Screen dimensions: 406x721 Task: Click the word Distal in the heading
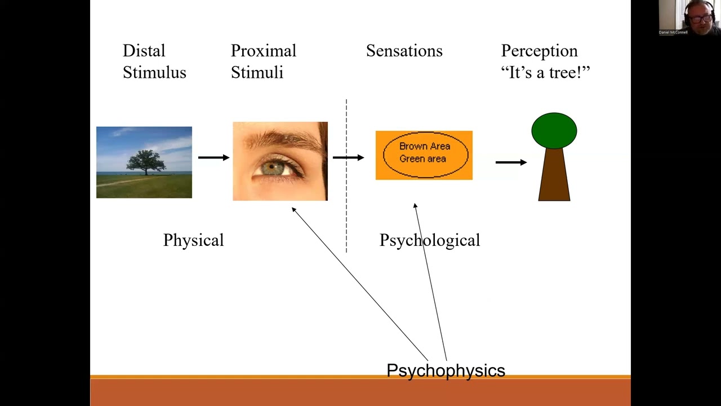tap(144, 51)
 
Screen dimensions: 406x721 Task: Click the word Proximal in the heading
tap(263, 51)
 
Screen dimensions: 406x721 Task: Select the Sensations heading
tap(404, 51)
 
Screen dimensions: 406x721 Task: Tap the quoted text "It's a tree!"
tap(545, 72)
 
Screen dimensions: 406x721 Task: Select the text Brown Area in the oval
tap(424, 146)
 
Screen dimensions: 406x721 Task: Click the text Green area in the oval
tap(422, 159)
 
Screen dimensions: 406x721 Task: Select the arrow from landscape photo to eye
tap(213, 157)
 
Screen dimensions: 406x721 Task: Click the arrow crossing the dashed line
tap(348, 157)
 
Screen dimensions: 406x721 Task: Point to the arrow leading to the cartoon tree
tap(511, 162)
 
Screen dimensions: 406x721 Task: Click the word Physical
tap(193, 240)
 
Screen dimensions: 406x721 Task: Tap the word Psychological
tap(429, 240)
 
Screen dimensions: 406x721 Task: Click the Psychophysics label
tap(446, 370)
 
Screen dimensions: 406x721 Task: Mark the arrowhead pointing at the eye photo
tap(294, 210)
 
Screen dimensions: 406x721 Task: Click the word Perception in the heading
tap(539, 51)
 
